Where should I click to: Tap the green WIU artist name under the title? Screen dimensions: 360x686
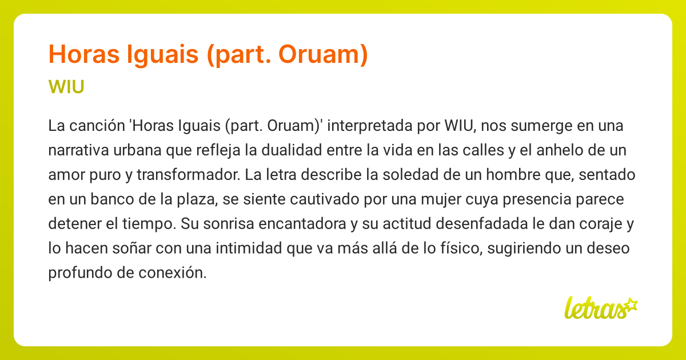tap(67, 87)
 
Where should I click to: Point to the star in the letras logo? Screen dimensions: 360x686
tap(631, 303)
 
